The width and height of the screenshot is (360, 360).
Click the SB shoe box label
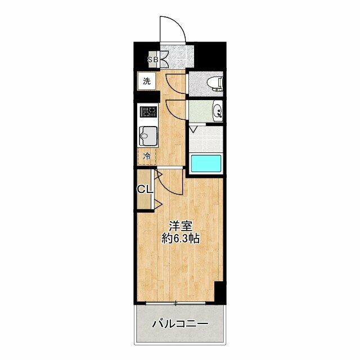pyautogui.click(x=152, y=60)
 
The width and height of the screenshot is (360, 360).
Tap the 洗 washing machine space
pyautogui.click(x=147, y=81)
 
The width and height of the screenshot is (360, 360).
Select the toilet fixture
pyautogui.click(x=215, y=84)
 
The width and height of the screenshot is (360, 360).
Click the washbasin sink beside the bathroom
pyautogui.click(x=218, y=111)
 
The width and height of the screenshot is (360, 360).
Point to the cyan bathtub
pyautogui.click(x=206, y=163)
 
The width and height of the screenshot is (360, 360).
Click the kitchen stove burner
pyautogui.click(x=148, y=112)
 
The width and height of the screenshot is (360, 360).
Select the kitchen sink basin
pyautogui.click(x=148, y=136)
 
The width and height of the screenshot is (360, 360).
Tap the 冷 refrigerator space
pyautogui.click(x=147, y=156)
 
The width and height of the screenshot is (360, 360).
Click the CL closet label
pyautogui.click(x=145, y=190)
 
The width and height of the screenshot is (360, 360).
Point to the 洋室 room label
pyautogui.click(x=181, y=226)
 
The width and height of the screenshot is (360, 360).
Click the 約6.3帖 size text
pyautogui.click(x=181, y=239)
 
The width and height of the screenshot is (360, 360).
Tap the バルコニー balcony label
pyautogui.click(x=180, y=324)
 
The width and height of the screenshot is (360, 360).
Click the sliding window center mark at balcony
pyautogui.click(x=175, y=304)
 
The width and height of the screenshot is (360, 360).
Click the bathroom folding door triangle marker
pyautogui.click(x=192, y=129)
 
